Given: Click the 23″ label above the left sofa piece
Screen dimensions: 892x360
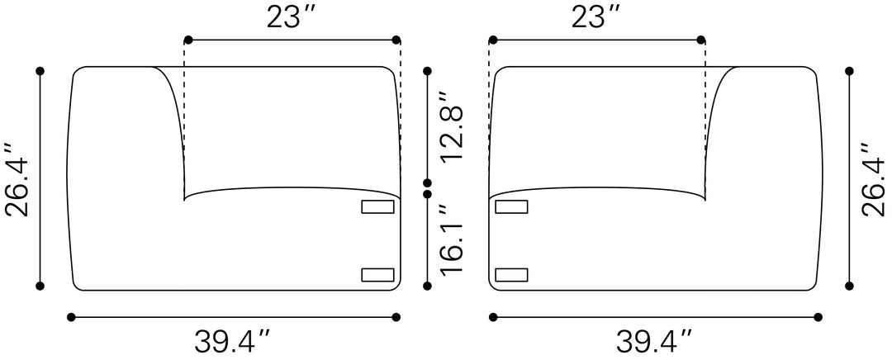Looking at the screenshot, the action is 292,17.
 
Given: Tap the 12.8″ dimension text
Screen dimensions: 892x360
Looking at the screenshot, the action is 453,126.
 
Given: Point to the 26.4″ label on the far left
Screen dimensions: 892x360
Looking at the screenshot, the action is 17,179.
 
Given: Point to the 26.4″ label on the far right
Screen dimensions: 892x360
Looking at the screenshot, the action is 874,179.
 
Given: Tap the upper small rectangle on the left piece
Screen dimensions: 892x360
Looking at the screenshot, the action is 377,207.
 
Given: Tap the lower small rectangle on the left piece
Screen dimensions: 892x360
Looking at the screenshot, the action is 377,275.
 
